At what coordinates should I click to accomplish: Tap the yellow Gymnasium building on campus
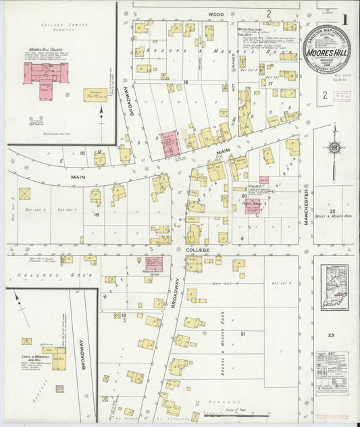(x=95, y=95)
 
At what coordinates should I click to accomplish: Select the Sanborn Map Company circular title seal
(x=326, y=50)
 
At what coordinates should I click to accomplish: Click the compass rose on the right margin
(x=333, y=148)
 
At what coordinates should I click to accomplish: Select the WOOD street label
(x=215, y=14)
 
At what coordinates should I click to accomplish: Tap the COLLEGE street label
(x=203, y=249)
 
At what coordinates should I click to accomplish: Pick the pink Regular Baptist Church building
(x=153, y=264)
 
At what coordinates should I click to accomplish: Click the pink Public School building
(x=253, y=205)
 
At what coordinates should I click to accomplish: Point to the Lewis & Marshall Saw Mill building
(x=58, y=358)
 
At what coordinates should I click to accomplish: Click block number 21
(x=241, y=333)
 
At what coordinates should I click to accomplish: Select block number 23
(x=331, y=335)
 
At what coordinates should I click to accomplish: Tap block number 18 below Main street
(x=97, y=214)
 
